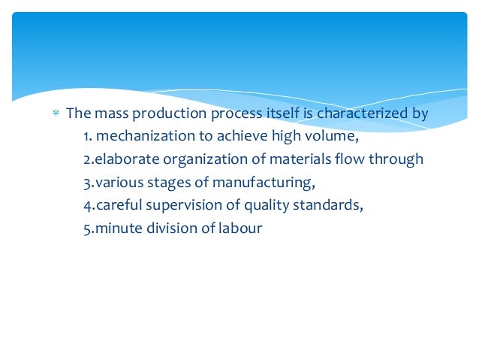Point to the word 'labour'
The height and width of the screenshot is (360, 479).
[x=236, y=228]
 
